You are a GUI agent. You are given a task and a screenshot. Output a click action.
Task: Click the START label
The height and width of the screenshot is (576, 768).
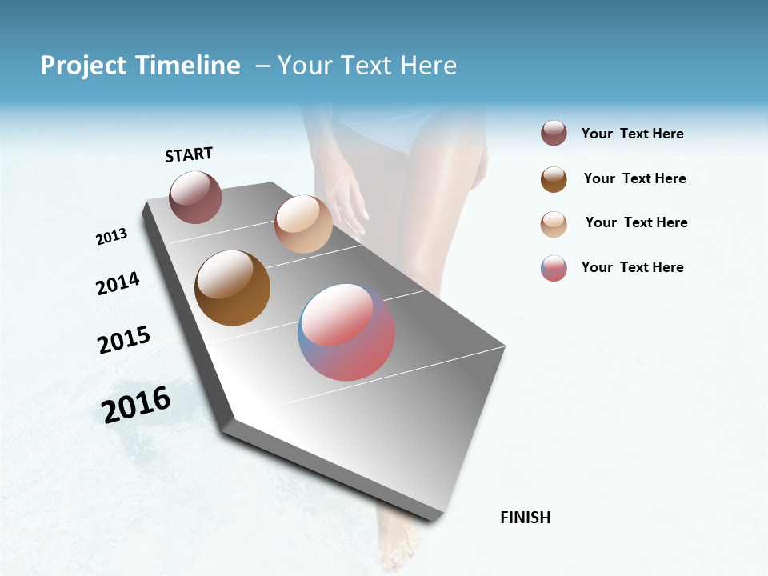pos(189,154)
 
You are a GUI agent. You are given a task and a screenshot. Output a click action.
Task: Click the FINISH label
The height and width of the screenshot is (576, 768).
pos(526,518)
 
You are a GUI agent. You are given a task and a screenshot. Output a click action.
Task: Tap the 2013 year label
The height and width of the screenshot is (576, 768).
pos(111,237)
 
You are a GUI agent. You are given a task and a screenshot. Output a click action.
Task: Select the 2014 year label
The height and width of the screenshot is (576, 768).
pos(118,284)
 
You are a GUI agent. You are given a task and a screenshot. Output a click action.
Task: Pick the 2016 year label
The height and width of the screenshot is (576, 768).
pos(136,405)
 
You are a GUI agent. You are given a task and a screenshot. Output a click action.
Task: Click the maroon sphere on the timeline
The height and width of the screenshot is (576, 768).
pos(195,197)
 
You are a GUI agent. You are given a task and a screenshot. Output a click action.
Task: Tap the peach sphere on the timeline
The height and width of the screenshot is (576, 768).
pos(303,224)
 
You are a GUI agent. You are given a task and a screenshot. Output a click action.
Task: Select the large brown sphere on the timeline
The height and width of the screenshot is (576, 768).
pos(232,288)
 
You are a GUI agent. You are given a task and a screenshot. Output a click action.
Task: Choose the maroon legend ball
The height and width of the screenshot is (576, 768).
pos(554,134)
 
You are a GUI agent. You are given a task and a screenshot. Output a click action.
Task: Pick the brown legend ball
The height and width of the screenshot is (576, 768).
pos(554,179)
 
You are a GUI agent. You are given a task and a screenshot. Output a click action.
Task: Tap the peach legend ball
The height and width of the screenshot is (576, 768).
pos(554,224)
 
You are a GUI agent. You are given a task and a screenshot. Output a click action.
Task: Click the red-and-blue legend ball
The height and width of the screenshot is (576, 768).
pos(554,268)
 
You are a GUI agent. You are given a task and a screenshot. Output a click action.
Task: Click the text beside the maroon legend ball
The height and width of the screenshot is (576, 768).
pos(632,134)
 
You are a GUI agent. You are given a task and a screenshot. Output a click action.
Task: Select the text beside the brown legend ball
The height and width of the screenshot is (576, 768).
pos(634,178)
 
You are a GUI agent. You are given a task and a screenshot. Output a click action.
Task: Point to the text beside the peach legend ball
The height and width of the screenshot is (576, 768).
pos(636,222)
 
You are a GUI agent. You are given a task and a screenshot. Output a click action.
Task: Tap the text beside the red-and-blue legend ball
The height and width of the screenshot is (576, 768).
pos(632,267)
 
